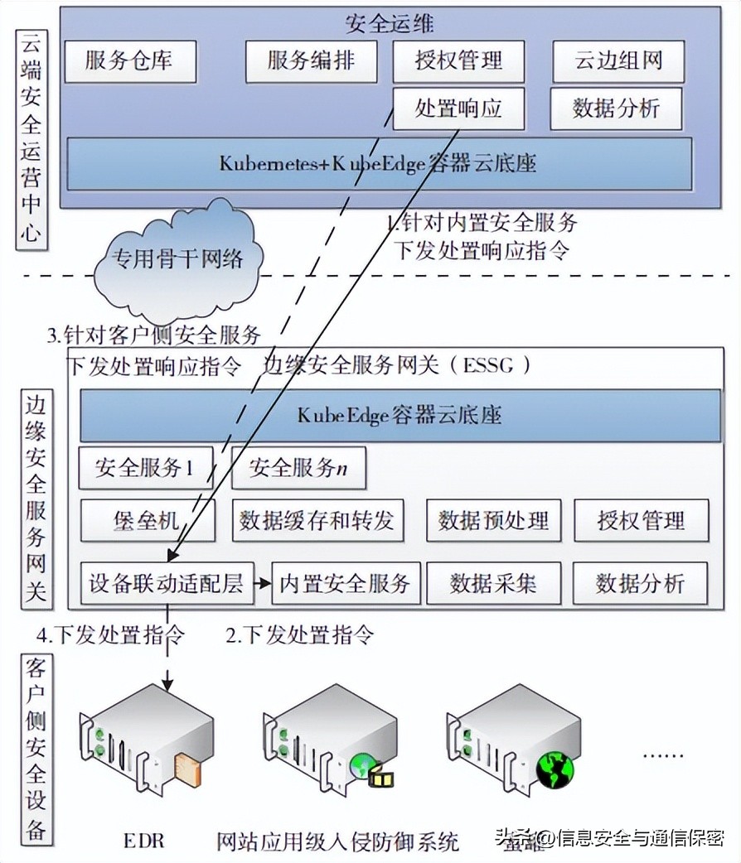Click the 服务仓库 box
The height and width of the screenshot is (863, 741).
128,61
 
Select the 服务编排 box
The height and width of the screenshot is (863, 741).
311,61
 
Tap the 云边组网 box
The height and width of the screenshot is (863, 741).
618,61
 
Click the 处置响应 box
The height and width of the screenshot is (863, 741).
458,108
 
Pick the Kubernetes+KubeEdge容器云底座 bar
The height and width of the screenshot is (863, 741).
378,163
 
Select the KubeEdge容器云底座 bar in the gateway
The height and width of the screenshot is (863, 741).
400,414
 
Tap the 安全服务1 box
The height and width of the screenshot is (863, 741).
145,468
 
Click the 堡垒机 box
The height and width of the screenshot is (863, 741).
147,520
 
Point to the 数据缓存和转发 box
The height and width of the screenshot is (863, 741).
317,520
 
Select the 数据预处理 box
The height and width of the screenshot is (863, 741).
493,520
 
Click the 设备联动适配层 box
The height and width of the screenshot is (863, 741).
166,583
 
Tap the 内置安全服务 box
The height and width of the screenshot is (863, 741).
346,583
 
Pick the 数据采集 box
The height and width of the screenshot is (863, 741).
493,583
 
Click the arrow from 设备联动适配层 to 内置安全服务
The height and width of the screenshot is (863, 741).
262,583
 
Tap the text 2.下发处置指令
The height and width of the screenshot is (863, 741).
300,635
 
